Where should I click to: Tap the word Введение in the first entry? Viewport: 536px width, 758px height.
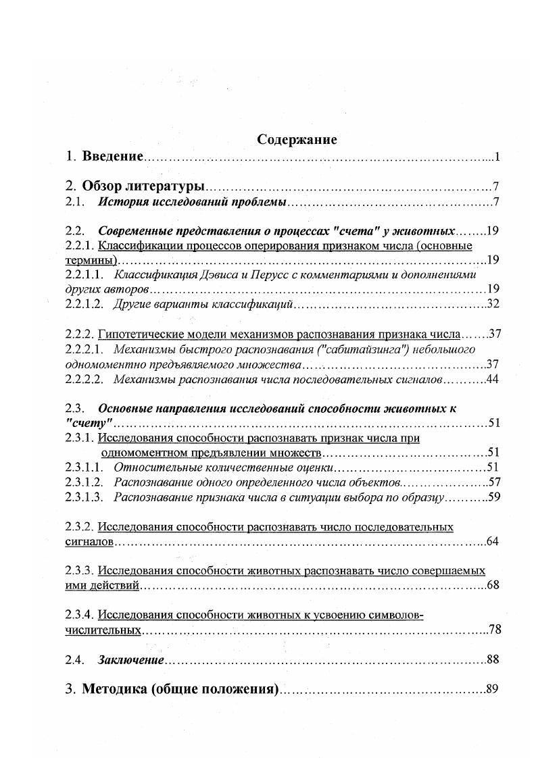pyautogui.click(x=112, y=157)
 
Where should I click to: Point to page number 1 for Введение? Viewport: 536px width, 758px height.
pyautogui.click(x=496, y=157)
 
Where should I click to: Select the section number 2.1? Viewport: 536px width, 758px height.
pyautogui.click(x=74, y=202)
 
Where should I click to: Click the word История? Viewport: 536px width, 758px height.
pyautogui.click(x=120, y=202)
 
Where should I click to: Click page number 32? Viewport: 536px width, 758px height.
pyautogui.click(x=493, y=304)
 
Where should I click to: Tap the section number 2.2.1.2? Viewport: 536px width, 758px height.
pyautogui.click(x=84, y=304)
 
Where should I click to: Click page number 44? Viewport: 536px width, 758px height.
pyautogui.click(x=493, y=380)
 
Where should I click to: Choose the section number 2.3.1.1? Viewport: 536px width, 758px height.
pyautogui.click(x=84, y=467)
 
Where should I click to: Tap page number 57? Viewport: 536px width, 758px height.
pyautogui.click(x=493, y=482)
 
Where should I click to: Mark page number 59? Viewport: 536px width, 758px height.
pyautogui.click(x=493, y=497)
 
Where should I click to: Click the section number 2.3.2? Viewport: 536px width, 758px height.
pyautogui.click(x=80, y=526)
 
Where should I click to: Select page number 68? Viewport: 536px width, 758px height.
pyautogui.click(x=493, y=585)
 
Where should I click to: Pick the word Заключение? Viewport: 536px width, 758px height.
pyautogui.click(x=131, y=659)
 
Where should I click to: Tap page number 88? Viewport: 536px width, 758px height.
pyautogui.click(x=493, y=659)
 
